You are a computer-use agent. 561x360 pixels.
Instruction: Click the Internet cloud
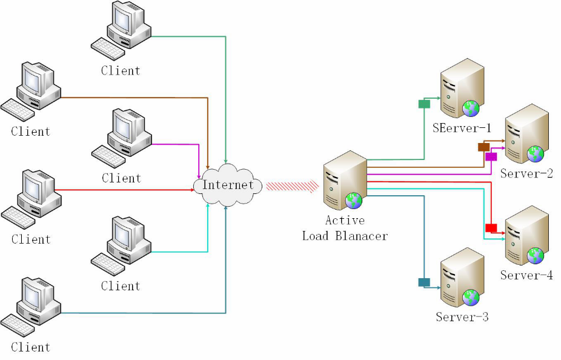[x=227, y=185]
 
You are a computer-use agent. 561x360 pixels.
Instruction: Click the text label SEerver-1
[x=462, y=128]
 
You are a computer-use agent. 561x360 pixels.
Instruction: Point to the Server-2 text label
[x=526, y=174]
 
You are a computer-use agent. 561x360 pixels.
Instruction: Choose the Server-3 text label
[x=462, y=317]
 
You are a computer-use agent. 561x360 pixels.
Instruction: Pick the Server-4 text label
[x=526, y=275]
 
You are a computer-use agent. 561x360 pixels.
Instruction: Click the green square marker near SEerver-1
[x=424, y=104]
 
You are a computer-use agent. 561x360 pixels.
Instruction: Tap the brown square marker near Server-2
[x=483, y=147]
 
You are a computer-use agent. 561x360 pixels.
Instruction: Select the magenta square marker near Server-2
[x=491, y=156]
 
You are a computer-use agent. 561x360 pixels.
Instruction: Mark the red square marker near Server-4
[x=491, y=228]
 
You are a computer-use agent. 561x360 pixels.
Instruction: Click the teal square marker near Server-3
[x=424, y=282]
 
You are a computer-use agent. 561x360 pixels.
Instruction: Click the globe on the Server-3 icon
[x=471, y=298]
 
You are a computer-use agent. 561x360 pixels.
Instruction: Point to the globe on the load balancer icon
[x=353, y=201]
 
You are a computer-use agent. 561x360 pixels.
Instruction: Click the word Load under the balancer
[x=316, y=235]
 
